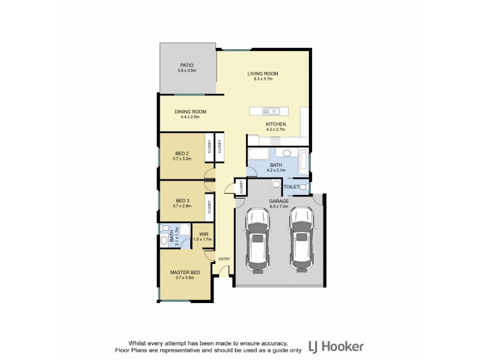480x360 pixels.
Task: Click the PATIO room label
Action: click(187, 65)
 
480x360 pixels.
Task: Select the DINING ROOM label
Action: click(190, 112)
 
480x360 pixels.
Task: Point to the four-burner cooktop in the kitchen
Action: click(276, 141)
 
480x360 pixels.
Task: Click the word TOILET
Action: click(291, 187)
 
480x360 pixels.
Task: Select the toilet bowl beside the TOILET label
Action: click(304, 187)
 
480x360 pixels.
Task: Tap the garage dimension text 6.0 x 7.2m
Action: click(278, 206)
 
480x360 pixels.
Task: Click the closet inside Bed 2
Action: click(209, 146)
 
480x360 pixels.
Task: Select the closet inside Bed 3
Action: click(209, 207)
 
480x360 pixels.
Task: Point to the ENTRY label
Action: click(224, 259)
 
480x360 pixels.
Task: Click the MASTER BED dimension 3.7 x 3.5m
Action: click(184, 278)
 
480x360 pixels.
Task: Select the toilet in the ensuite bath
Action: click(164, 240)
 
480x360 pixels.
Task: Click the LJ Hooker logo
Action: click(335, 346)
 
